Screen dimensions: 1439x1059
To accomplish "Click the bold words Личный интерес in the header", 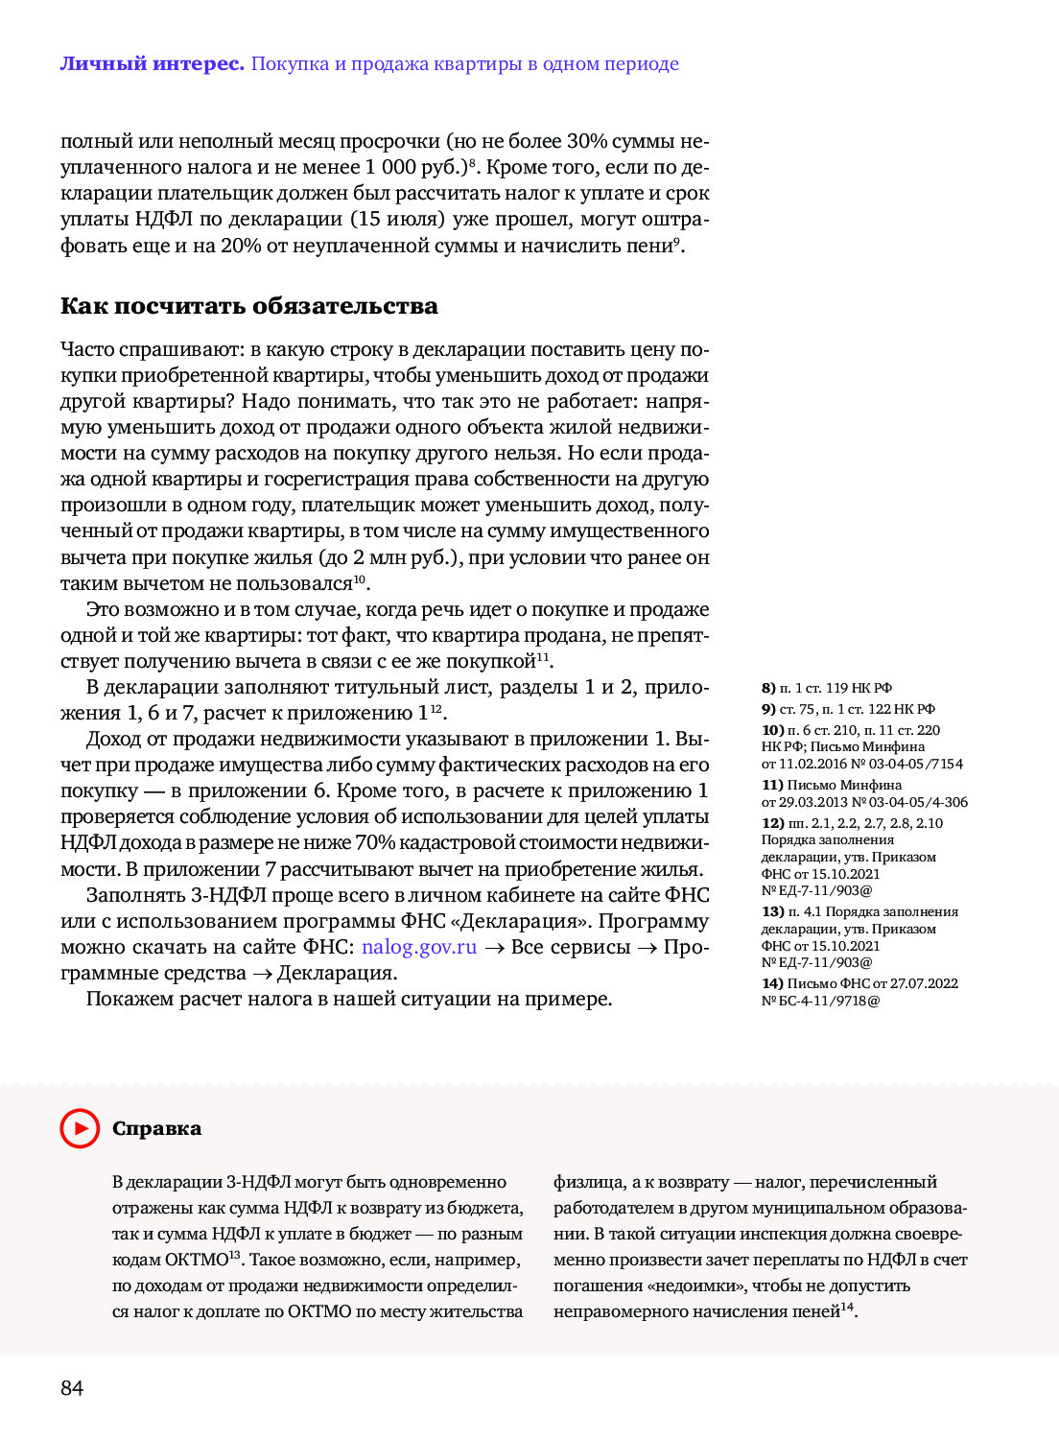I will coord(152,64).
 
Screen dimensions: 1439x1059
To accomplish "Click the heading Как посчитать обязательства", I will coord(248,306).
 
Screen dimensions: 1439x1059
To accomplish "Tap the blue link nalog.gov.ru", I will coord(418,947).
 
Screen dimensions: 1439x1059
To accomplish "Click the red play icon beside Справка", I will coord(80,1128).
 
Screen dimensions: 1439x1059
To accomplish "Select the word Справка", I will coord(156,1128).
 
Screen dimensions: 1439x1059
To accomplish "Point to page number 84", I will coord(72,1388).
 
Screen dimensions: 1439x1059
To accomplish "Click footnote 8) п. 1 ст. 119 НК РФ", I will coord(826,688).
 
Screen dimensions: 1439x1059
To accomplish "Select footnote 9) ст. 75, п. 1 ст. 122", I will coord(848,709).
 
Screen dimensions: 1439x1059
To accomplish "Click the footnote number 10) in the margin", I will coord(772,730).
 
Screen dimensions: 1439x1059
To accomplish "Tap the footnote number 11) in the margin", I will coord(772,785).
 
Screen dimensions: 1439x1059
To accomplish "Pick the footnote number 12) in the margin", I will coord(772,823).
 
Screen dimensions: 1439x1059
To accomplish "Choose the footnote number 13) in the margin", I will coord(772,911).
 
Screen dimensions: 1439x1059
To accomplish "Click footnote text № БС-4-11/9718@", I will coord(820,1001).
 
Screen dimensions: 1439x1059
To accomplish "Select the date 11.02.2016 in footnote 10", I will coord(813,764).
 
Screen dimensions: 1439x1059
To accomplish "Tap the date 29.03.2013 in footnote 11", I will coord(813,802).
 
